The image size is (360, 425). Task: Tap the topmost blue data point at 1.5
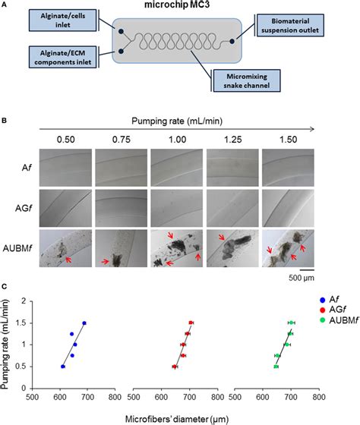click(84, 323)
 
